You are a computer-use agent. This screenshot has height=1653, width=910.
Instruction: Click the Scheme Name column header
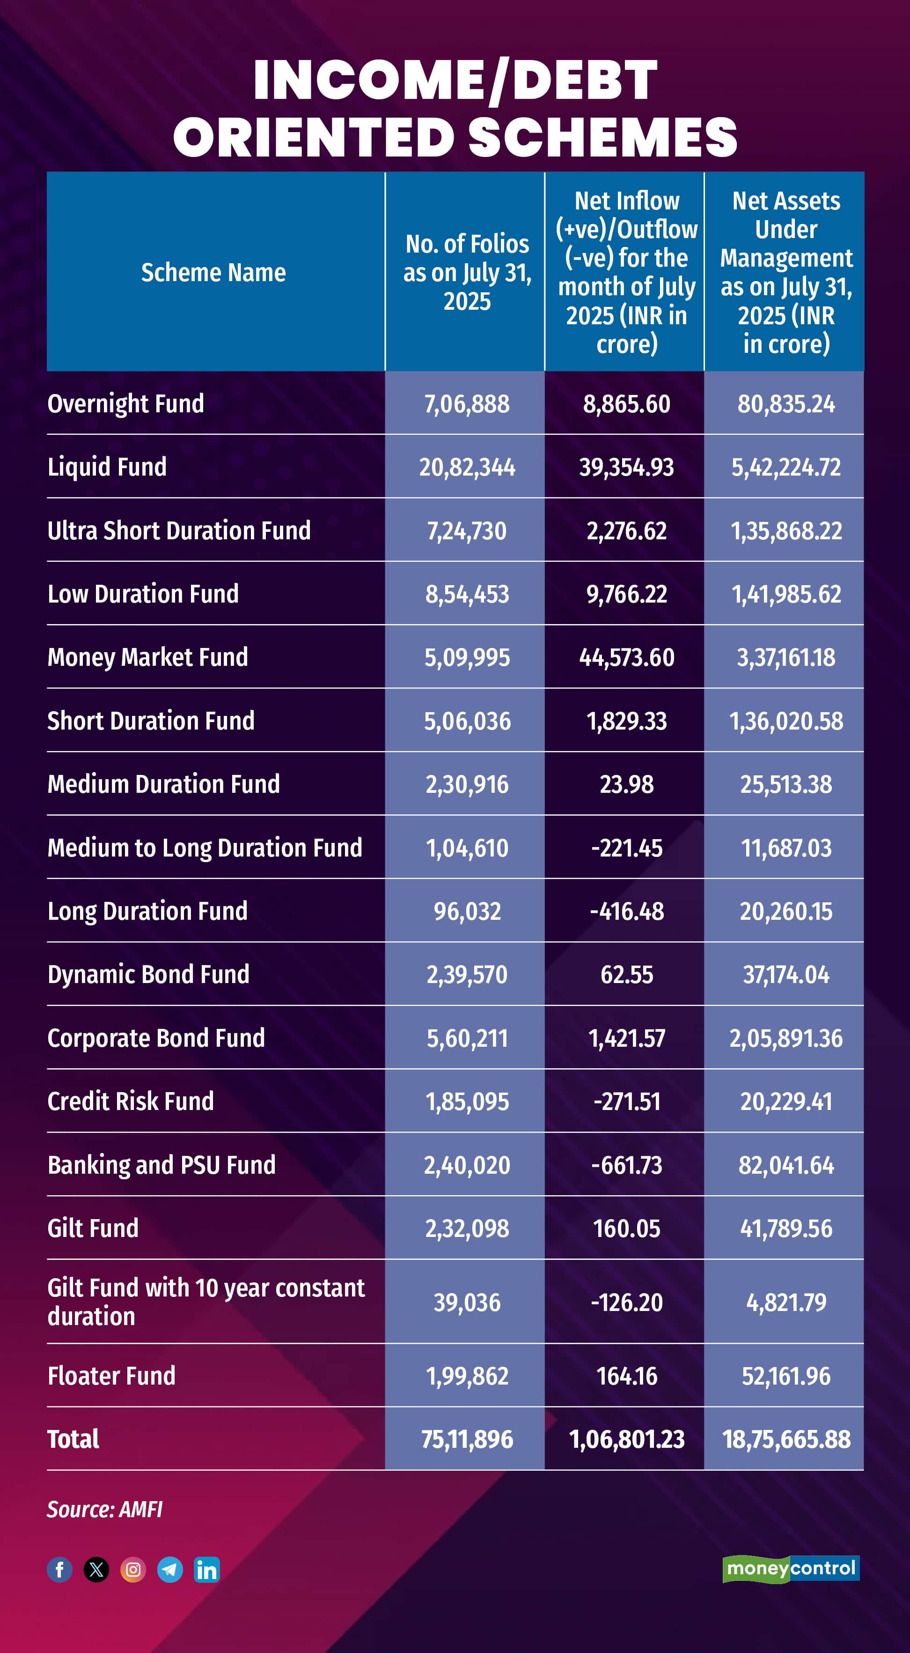coord(213,273)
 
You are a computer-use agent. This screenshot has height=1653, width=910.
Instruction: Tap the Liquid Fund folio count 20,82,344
coord(467,467)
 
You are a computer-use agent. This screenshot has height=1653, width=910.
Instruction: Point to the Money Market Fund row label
coord(147,657)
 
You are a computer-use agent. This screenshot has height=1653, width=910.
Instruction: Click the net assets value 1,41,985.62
coord(786,594)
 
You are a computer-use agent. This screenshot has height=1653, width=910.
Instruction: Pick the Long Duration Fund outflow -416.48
coord(626,911)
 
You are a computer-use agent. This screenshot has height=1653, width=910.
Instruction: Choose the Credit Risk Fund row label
coord(131,1101)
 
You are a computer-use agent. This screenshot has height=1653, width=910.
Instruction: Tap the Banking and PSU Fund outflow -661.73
coord(626,1165)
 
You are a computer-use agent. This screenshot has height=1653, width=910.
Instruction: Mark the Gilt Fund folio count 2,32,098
coord(467,1228)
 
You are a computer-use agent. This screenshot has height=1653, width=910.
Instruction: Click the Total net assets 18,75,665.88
coord(786,1439)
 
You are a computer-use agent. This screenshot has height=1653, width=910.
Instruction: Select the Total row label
coord(73,1439)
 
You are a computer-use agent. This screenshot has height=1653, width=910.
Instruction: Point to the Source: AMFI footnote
coord(104,1509)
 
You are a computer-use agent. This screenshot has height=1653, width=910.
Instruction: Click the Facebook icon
coord(59,1570)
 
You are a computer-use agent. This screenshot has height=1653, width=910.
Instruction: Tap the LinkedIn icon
coord(206,1570)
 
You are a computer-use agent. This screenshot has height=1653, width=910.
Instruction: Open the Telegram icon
coord(170,1570)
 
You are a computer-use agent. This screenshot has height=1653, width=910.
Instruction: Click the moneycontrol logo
coord(791,1569)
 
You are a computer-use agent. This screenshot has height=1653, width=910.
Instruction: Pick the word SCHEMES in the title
coord(603,137)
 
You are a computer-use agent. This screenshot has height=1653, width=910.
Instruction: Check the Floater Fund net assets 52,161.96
coord(786,1376)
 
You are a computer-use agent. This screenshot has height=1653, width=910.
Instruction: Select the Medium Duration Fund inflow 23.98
coord(626,784)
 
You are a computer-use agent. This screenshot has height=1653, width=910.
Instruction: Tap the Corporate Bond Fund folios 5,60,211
coord(467,1038)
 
